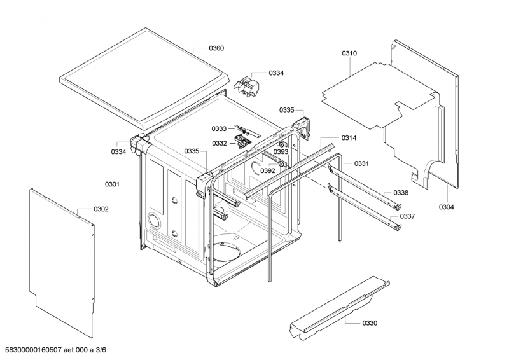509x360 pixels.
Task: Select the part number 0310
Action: (x=349, y=53)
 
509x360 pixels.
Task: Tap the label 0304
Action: (x=447, y=207)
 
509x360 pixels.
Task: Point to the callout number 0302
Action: (x=101, y=209)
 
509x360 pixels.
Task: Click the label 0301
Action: (x=112, y=184)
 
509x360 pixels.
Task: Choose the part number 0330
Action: (x=370, y=323)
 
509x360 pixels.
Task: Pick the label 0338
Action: (x=400, y=193)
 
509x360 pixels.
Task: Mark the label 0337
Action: (x=407, y=216)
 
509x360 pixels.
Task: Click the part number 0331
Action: (x=361, y=164)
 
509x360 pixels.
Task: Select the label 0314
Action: (x=349, y=138)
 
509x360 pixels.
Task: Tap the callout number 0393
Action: (x=281, y=152)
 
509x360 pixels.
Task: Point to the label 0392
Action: (x=268, y=170)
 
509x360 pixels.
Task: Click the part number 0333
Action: (x=220, y=128)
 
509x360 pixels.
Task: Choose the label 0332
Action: (x=220, y=144)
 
